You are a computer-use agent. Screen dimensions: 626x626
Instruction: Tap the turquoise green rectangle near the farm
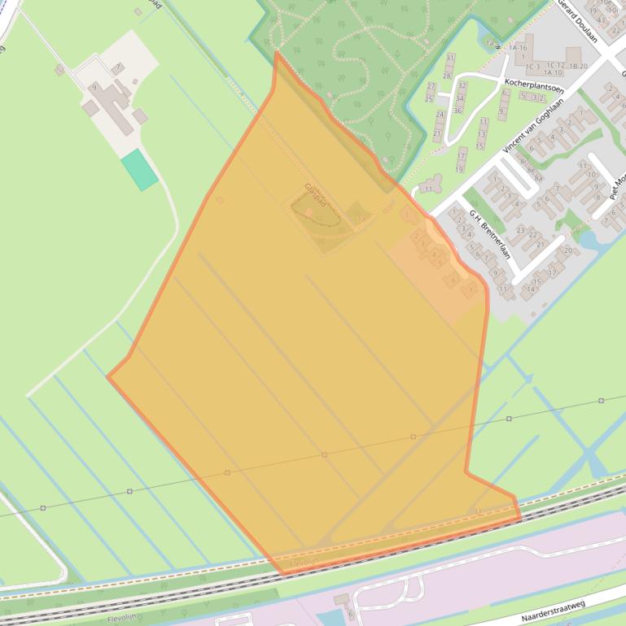pyautogui.click(x=139, y=169)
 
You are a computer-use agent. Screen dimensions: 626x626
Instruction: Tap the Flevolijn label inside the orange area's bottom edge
pyautogui.click(x=302, y=562)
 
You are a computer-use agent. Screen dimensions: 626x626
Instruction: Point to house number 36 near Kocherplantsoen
pyautogui.click(x=457, y=110)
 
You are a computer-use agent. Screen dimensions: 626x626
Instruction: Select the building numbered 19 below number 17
pyautogui.click(x=460, y=167)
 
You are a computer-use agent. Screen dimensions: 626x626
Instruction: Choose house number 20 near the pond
pyautogui.click(x=567, y=251)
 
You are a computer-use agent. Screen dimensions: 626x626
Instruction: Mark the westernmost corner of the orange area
pyautogui.click(x=107, y=376)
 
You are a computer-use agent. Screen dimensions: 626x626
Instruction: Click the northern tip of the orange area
pyautogui.click(x=277, y=51)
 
